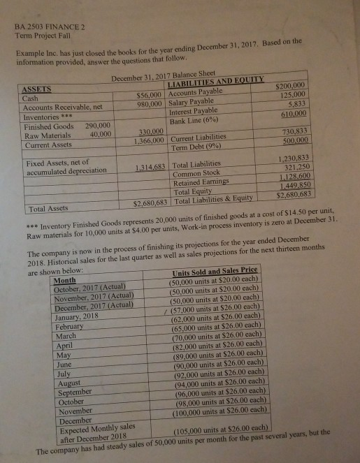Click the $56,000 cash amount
pos(150,94)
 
